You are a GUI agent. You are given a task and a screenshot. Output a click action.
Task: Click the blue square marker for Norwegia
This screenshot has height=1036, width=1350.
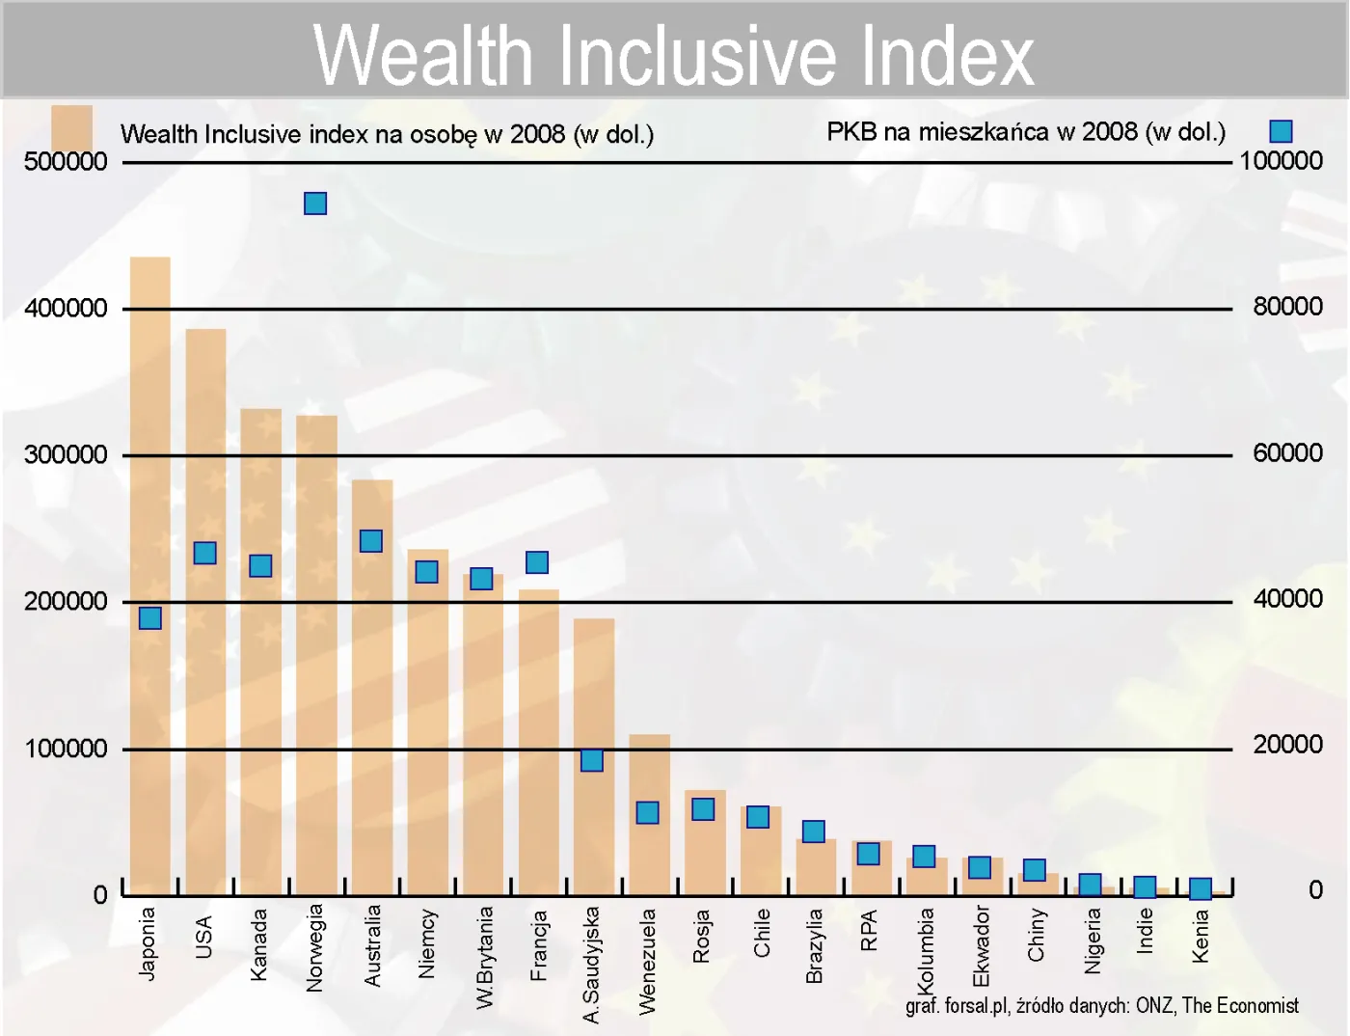tap(315, 204)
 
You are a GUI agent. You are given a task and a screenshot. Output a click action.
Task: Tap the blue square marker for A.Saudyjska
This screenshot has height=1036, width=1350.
tap(592, 760)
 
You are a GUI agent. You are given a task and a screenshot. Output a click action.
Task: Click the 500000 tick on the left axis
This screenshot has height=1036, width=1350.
tap(66, 161)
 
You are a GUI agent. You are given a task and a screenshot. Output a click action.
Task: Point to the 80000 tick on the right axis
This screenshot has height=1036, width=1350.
tap(1287, 307)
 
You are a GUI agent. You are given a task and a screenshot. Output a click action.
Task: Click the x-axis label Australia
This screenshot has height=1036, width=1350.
tap(372, 945)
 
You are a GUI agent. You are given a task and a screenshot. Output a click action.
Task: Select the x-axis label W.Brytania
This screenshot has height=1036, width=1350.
tap(484, 957)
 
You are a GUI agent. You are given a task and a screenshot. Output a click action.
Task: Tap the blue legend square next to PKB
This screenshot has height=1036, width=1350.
tap(1281, 131)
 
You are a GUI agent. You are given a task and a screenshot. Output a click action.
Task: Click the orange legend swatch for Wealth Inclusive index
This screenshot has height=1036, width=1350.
tap(71, 127)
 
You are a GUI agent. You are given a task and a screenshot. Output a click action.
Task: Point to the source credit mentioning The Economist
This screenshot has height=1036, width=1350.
tap(1101, 1006)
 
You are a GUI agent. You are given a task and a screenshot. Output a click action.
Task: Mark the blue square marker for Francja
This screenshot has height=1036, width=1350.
tap(537, 562)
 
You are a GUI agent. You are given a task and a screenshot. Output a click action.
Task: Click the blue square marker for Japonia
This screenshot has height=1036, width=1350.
tap(150, 618)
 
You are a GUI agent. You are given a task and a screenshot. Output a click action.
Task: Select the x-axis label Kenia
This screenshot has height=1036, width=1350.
tap(1201, 937)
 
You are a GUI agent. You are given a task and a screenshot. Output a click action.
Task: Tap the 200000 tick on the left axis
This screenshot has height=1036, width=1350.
tap(66, 602)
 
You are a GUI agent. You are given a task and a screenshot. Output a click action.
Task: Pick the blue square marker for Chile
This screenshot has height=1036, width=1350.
tap(758, 817)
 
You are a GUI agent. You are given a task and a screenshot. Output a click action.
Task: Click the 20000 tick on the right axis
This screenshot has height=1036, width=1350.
tap(1287, 745)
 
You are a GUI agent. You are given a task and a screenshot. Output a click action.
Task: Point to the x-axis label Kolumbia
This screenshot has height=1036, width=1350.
tap(926, 950)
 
